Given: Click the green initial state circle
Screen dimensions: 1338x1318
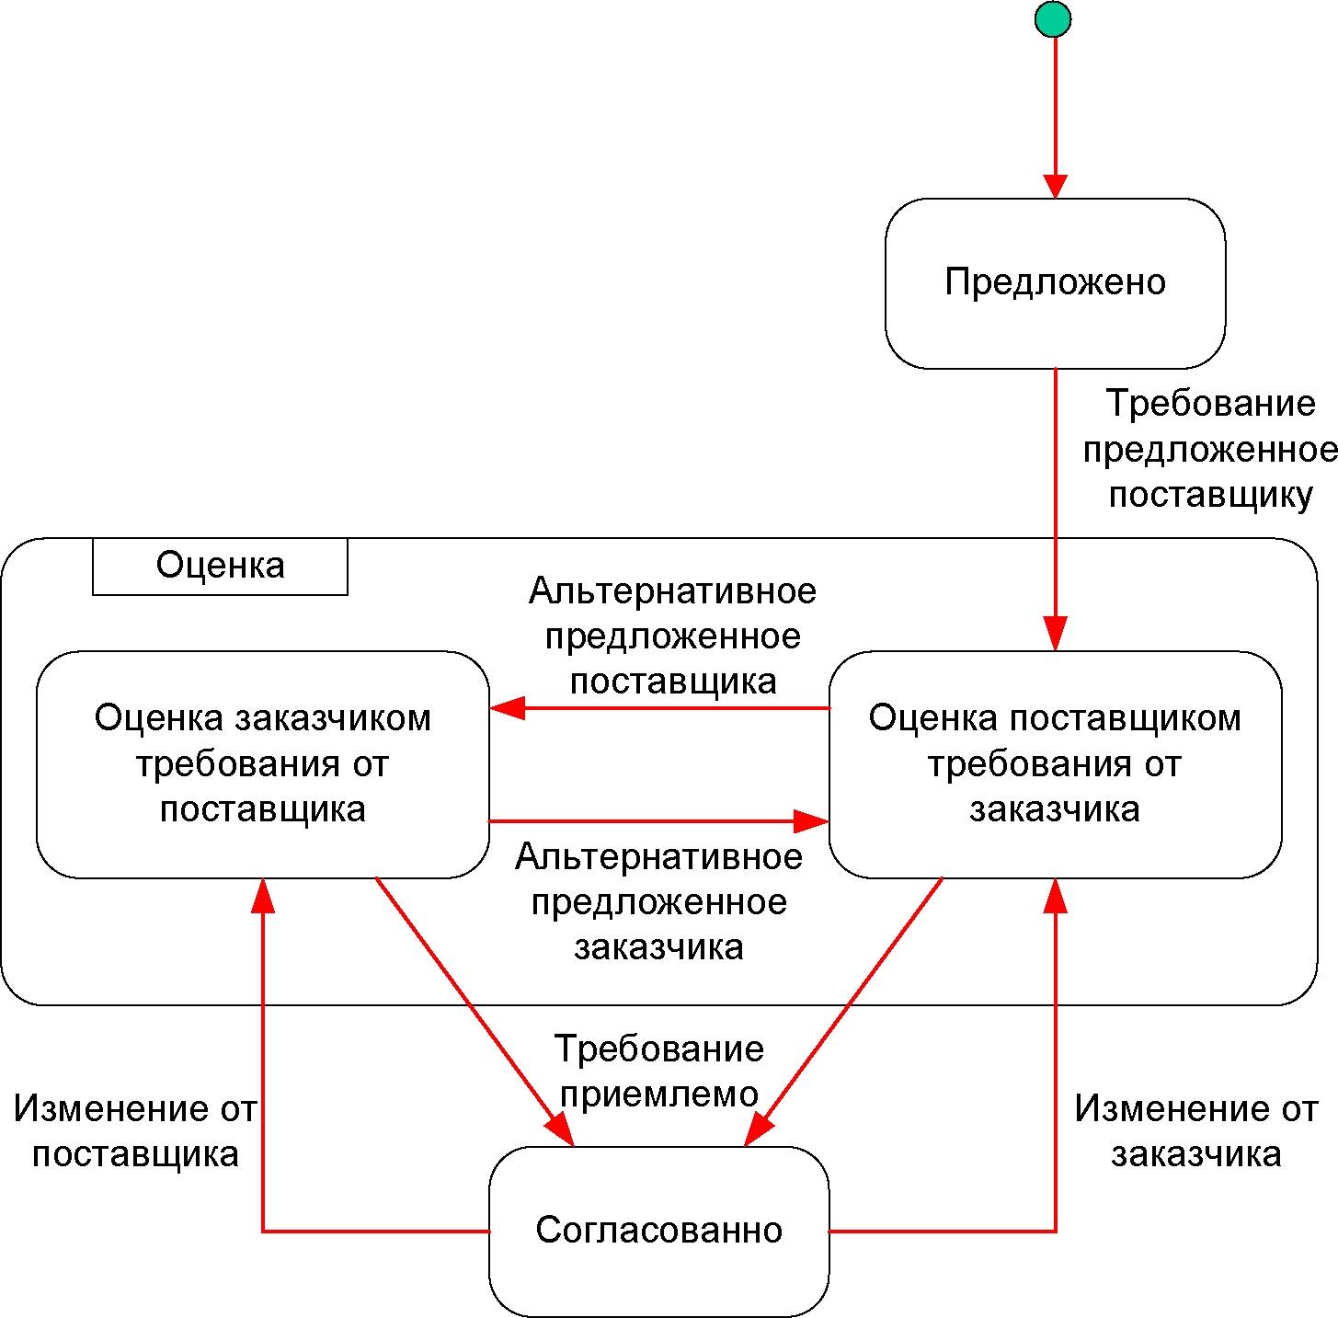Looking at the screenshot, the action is coord(1053,18).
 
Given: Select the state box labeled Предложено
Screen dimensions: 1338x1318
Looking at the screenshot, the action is coord(1055,282).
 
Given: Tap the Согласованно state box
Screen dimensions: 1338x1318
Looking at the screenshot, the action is coord(659,1232).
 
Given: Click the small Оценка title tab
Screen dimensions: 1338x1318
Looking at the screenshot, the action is coord(220,567).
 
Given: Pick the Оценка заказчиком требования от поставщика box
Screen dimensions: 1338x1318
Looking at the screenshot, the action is coord(262,764).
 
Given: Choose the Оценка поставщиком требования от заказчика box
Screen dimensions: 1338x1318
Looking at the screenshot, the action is coord(1055,764).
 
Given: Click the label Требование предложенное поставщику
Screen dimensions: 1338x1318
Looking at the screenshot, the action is coord(1209,450).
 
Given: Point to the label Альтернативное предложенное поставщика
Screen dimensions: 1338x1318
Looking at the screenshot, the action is coord(672,636).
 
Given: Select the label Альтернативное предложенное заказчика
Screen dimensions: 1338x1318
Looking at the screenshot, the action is coord(658,902).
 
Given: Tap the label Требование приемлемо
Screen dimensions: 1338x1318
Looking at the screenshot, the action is coord(659,1071).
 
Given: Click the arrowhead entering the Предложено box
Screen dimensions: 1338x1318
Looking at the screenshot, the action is coord(1056,186).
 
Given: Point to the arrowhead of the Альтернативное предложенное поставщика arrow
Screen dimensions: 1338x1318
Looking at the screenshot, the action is coord(507,708).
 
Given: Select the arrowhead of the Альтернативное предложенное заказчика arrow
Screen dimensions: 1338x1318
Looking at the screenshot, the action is coord(812,821).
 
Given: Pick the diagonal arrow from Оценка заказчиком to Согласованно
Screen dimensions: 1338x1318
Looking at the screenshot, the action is coord(475,1013).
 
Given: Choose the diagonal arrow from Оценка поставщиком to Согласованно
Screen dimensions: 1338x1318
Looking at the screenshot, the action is coord(843,1013).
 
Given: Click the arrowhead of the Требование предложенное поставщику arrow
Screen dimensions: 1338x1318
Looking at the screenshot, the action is coord(1056,634).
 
